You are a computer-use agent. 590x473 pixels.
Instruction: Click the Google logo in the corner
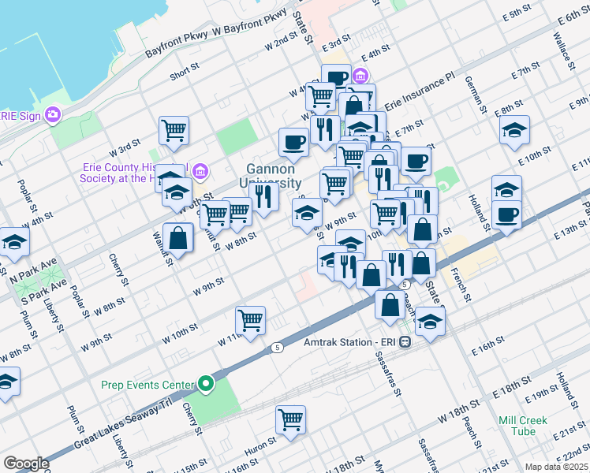point(26,464)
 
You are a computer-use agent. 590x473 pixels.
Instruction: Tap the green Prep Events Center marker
point(206,385)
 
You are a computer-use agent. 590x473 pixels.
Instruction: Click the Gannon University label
point(271,176)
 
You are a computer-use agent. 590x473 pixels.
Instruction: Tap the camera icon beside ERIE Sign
point(53,115)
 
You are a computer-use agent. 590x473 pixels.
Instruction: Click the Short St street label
point(185,75)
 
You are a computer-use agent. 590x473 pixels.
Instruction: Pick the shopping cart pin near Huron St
point(290,419)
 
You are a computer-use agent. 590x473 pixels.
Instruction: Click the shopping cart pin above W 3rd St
point(174,130)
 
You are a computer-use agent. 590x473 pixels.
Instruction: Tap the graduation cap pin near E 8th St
point(514,130)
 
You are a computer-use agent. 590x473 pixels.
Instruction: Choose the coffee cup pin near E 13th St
point(506,214)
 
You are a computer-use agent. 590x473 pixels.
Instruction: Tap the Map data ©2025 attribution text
point(557,467)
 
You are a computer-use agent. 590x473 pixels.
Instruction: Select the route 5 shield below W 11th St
point(277,347)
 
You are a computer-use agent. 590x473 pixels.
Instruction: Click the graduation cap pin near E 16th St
point(429,322)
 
